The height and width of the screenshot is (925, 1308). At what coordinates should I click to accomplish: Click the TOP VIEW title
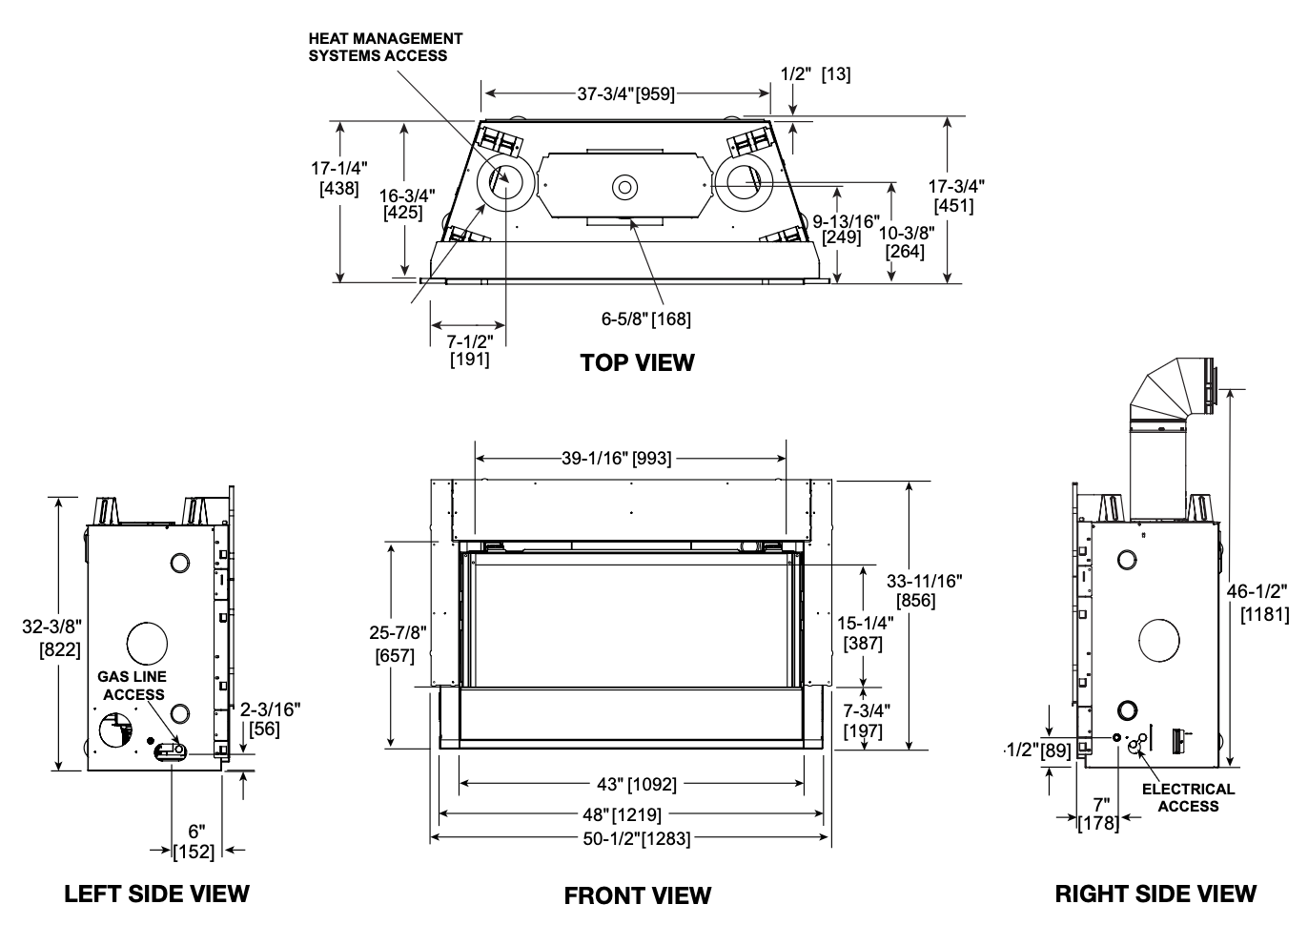637,362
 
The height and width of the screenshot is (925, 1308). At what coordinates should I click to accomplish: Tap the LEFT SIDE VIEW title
156,894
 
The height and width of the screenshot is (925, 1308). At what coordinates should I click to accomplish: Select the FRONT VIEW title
638,895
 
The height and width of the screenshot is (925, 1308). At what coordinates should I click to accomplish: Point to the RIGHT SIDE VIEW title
1155,894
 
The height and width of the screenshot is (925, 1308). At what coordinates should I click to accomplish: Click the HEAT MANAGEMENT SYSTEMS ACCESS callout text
385,48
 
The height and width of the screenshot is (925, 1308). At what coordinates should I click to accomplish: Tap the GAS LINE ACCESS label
133,685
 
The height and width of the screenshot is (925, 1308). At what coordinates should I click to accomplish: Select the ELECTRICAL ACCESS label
1188,798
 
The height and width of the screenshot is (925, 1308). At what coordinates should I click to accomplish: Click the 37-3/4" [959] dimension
626,94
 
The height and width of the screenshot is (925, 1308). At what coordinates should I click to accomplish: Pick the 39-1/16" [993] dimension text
617,459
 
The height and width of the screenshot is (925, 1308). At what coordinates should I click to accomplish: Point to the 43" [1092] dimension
637,784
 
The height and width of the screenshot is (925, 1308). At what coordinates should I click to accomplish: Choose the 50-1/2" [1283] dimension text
637,839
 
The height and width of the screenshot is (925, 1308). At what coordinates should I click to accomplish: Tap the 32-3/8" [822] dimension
52,638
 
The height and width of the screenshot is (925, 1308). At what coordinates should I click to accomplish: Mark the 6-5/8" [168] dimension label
645,319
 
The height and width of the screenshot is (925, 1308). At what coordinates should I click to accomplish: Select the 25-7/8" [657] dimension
397,644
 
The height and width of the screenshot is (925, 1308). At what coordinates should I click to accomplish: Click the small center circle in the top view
624,188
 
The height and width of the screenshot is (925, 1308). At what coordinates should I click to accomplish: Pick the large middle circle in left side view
147,643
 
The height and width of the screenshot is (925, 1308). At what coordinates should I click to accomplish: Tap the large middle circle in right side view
1159,641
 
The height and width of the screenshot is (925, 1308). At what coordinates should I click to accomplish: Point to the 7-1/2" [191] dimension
469,349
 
